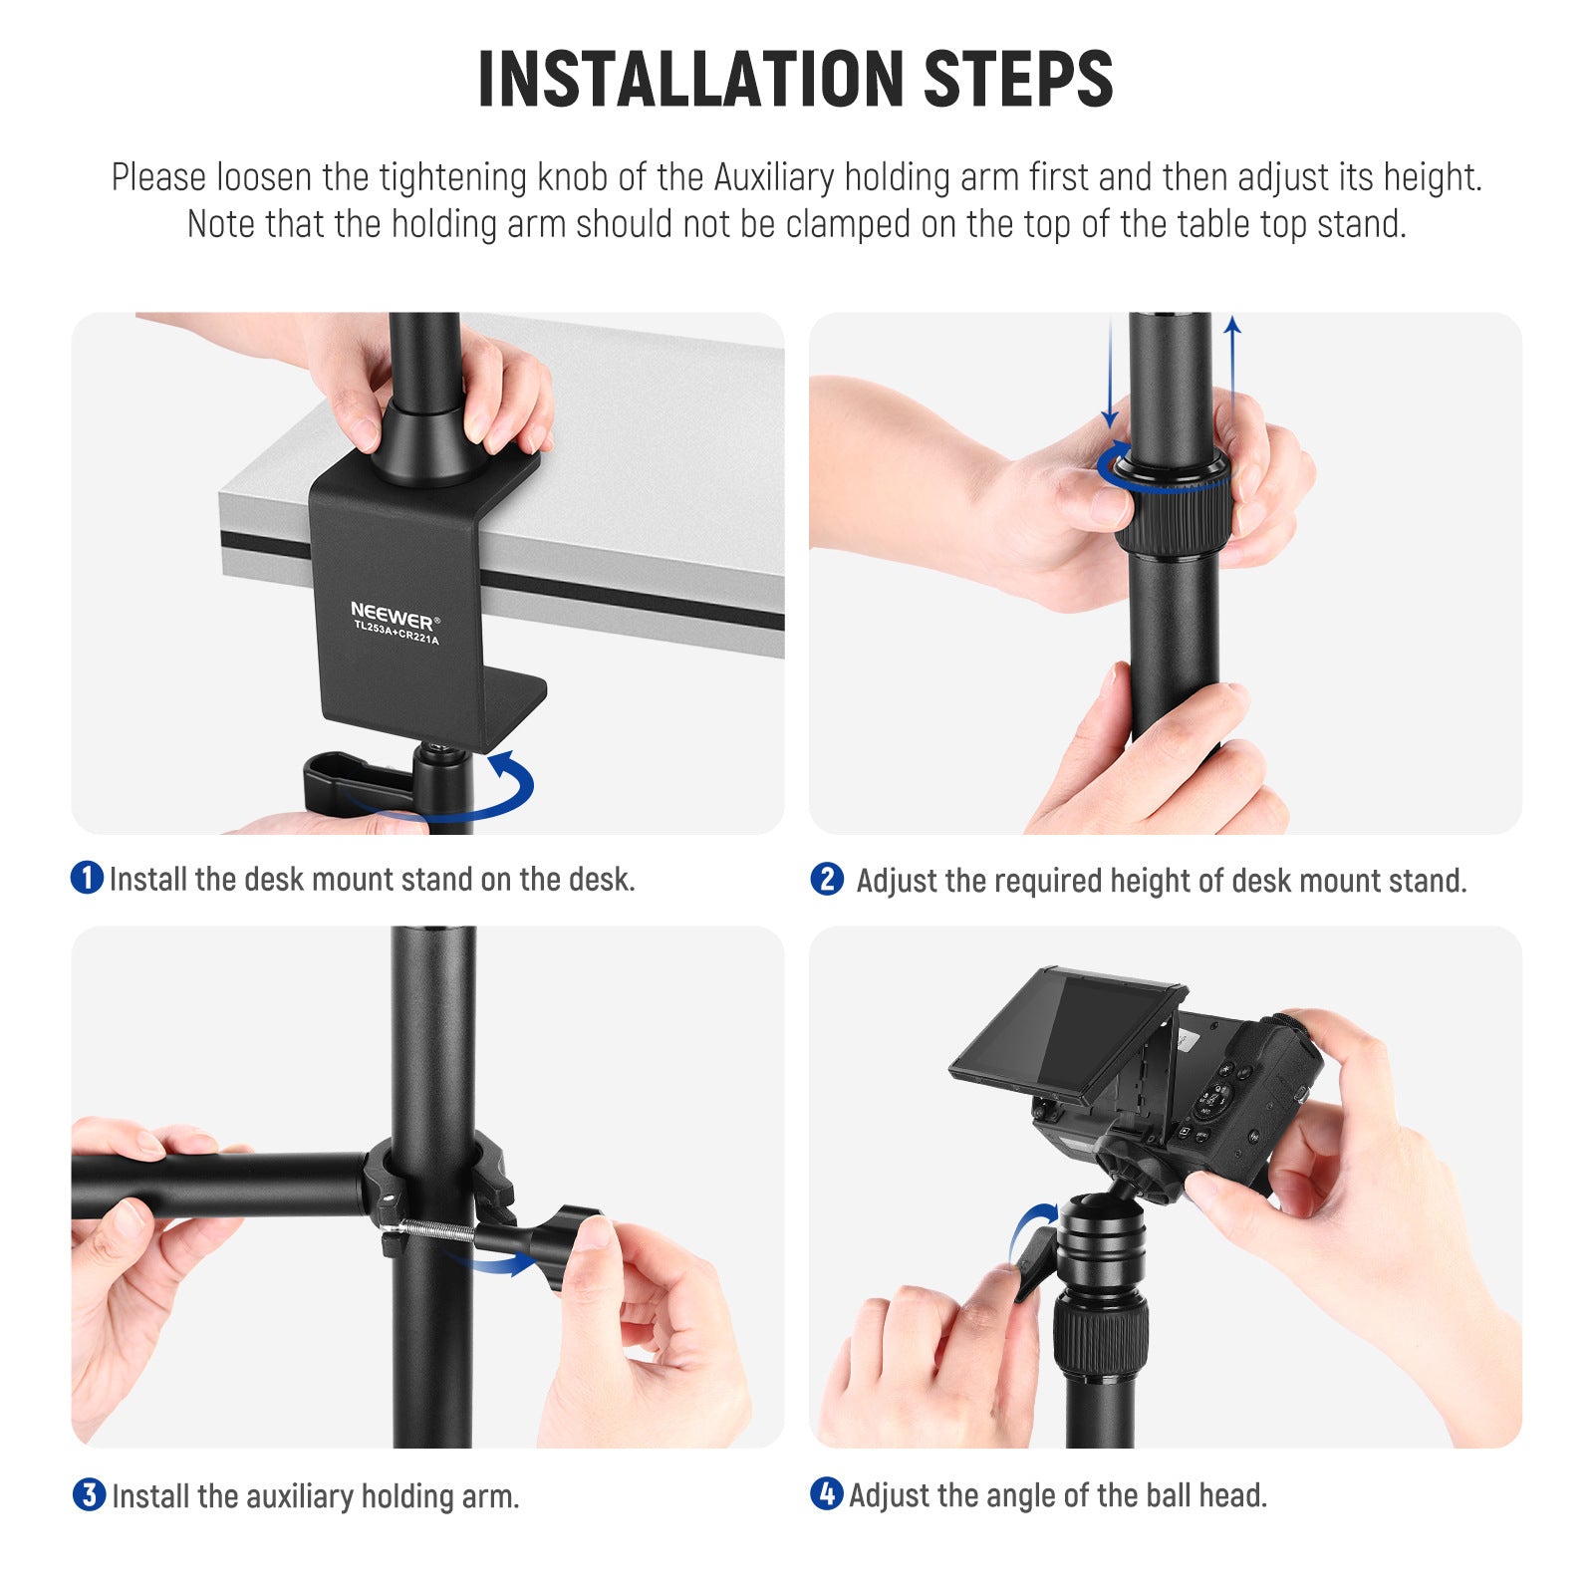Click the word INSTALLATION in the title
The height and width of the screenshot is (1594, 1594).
click(689, 80)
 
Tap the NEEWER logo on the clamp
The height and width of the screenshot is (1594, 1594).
click(392, 612)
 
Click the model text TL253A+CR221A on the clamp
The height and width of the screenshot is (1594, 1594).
click(397, 633)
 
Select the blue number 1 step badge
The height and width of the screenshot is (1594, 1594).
click(87, 878)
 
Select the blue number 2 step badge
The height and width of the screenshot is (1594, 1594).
click(826, 879)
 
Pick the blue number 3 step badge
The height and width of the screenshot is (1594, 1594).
click(89, 1494)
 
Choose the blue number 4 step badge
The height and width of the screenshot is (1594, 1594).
click(826, 1493)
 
